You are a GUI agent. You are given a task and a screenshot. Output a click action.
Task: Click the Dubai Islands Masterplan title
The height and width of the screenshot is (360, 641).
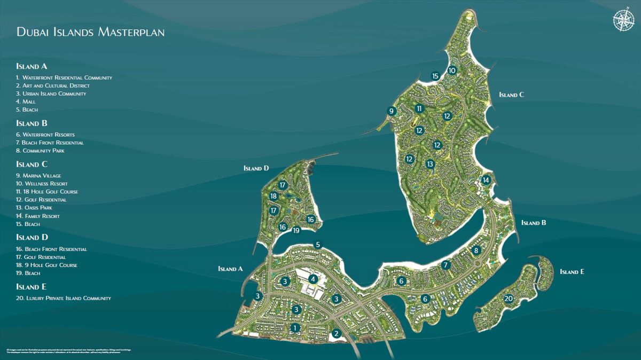90,32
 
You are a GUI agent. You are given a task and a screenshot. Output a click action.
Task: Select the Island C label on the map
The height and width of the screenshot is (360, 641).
511,95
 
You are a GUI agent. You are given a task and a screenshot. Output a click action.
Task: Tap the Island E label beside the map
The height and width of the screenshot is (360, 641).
572,272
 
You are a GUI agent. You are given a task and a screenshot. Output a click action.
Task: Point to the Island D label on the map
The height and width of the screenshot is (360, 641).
256,168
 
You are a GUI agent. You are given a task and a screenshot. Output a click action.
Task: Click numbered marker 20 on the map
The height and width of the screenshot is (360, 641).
509,298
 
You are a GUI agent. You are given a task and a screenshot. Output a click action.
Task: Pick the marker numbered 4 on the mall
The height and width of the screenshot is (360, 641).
313,278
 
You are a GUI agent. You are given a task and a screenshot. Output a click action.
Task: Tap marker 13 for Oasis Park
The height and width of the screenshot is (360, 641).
430,164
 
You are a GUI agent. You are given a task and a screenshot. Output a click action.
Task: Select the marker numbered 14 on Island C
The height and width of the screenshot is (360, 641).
486,180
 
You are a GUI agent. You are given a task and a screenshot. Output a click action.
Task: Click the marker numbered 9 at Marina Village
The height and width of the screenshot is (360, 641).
392,111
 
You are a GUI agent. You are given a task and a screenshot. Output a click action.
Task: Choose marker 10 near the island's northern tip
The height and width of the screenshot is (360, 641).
452,70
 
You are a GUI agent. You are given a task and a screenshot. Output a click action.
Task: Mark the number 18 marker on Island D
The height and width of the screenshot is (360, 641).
273,196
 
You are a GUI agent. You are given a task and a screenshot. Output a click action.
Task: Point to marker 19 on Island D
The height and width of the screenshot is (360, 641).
296,230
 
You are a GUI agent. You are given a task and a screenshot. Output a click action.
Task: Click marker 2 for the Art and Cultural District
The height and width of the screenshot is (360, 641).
336,334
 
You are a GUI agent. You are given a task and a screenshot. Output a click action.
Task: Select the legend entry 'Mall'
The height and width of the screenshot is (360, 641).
26,101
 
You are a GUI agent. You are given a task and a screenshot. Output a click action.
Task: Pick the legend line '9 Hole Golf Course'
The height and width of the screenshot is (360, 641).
51,265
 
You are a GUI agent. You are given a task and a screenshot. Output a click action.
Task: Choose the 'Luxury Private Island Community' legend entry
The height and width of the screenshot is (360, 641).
64,298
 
